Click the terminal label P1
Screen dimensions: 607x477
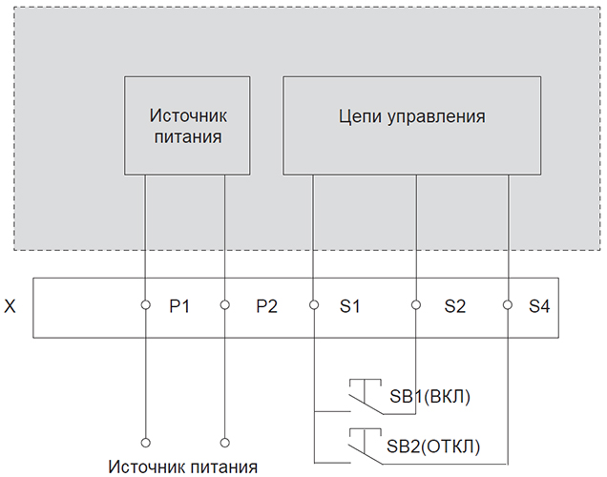pos(179,306)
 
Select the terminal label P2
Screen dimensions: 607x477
pos(266,306)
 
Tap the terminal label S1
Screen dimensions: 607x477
pos(350,306)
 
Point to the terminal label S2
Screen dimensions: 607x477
pos(455,306)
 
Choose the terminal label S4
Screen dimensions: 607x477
pos(539,306)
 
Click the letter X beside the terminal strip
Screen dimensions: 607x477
pos(10,306)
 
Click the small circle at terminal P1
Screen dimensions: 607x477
pos(146,305)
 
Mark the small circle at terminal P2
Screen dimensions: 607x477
pos(224,305)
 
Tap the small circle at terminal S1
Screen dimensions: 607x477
pos(314,305)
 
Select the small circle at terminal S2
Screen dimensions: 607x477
pos(416,305)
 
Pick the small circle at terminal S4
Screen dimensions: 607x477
pos(507,305)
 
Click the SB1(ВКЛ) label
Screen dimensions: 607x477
pos(430,397)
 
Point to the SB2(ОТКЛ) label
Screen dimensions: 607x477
pos(433,446)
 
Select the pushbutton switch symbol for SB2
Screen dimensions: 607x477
pos(366,446)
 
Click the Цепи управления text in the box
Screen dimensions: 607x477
pos(412,116)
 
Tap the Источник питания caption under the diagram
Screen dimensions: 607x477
pos(182,467)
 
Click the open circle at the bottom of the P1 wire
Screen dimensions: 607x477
pos(146,443)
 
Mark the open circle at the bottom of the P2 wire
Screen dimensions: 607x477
pos(224,443)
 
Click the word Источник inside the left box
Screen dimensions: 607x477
pos(188,115)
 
